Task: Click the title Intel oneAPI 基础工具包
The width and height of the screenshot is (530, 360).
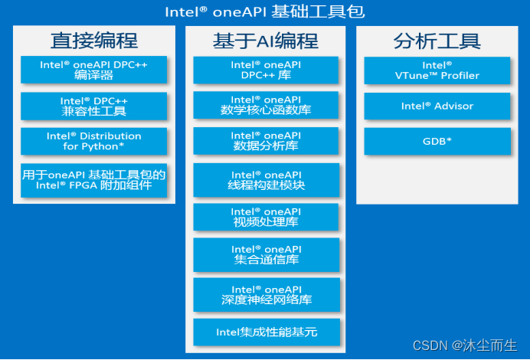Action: (265, 11)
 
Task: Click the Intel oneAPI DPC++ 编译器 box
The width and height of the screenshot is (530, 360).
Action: (93, 70)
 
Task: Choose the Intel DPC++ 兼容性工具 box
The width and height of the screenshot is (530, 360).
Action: (93, 106)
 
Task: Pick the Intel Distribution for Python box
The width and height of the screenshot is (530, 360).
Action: (93, 141)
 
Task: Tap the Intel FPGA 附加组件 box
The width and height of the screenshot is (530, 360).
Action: (93, 180)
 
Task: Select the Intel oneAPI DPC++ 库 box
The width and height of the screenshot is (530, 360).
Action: (266, 70)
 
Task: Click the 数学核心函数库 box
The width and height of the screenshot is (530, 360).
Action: (266, 106)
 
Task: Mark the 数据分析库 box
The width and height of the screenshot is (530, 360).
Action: (266, 141)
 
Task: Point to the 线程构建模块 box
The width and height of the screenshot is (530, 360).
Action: (266, 180)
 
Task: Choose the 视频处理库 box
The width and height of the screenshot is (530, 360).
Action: (266, 218)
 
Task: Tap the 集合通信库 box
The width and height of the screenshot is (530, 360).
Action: (266, 254)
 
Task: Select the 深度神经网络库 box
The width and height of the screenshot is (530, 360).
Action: (266, 295)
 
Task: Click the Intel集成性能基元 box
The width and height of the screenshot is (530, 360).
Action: (266, 332)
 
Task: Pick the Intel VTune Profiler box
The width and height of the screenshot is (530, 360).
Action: (437, 70)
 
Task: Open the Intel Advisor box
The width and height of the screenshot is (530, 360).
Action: (437, 106)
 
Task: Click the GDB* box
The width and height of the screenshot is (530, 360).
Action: (437, 142)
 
